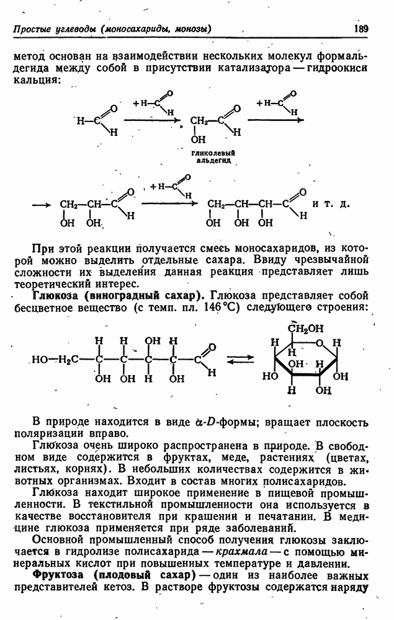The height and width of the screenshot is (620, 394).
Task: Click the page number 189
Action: tap(360, 29)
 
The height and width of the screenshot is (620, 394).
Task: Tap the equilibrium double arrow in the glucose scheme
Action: tap(240, 360)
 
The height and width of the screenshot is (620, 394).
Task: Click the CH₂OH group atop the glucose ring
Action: tap(305, 328)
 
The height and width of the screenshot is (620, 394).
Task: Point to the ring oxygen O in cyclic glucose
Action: tap(320, 343)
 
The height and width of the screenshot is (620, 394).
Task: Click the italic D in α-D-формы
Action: tap(210, 422)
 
